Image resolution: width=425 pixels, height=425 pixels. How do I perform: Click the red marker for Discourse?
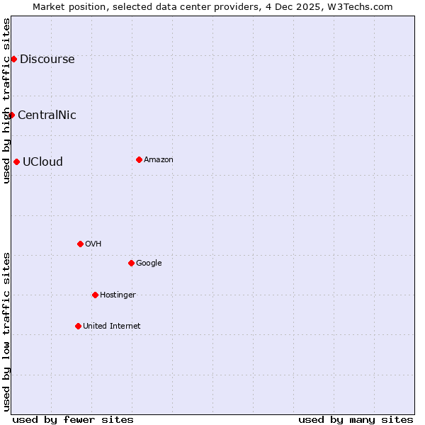coord(13,59)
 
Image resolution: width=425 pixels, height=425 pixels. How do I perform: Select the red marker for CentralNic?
coord(11,115)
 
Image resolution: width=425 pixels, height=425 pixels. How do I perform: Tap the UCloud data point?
coord(16,161)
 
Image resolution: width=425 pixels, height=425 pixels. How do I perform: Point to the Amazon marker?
coord(139,159)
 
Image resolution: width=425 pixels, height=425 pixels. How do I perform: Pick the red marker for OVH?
coord(80,244)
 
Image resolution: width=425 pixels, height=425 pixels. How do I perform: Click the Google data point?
coord(131,263)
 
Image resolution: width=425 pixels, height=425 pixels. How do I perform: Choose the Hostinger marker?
coord(95,295)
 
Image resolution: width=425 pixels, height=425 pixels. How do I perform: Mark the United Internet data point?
coord(78,326)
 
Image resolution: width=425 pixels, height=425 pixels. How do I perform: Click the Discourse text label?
coord(47,59)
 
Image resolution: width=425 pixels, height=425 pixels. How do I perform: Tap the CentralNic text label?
coord(47,115)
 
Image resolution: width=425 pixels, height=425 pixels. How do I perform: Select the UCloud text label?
coord(42,161)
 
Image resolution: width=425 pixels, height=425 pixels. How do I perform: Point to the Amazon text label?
coord(159,159)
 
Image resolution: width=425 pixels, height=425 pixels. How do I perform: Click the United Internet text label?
coord(111,326)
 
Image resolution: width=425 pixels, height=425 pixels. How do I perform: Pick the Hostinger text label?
coord(118,295)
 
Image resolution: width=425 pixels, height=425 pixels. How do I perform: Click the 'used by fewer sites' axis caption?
coord(73,419)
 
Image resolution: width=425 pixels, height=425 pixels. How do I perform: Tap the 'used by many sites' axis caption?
coord(356,419)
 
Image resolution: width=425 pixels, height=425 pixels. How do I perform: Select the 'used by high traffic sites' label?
coord(6,101)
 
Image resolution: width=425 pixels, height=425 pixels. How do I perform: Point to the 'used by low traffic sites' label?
coord(6,331)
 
